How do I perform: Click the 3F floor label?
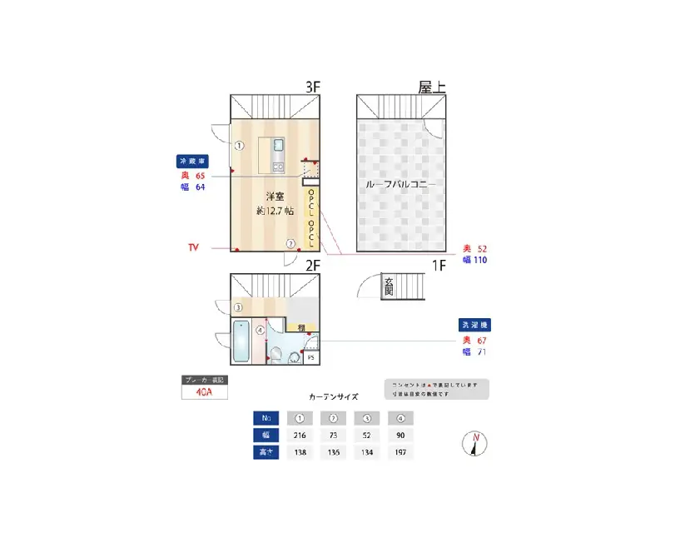(312, 86)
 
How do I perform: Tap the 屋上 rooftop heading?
(431, 86)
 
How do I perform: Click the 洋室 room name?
(275, 197)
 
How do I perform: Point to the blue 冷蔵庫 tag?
(193, 160)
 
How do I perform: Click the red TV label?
(193, 248)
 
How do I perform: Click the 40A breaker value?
(205, 392)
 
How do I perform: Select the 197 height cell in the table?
(400, 453)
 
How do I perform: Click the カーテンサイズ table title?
(333, 397)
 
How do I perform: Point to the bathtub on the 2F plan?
(241, 341)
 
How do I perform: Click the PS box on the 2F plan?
(311, 358)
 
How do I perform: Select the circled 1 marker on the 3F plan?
(238, 145)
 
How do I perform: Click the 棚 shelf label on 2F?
(300, 327)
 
